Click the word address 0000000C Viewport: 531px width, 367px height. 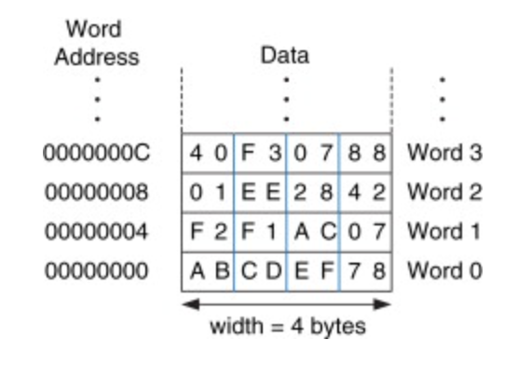click(97, 153)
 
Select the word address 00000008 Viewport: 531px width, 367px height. click(97, 192)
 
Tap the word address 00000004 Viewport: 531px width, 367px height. click(97, 232)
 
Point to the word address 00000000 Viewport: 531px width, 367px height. click(97, 271)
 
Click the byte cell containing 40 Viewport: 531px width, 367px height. click(208, 153)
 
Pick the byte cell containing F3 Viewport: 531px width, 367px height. click(260, 153)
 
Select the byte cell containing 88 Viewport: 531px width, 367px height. click(366, 153)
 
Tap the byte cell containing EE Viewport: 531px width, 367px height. click(260, 192)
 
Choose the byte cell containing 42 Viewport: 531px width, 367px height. click(366, 192)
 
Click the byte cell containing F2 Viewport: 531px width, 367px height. click(208, 232)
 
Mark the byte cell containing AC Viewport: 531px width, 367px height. click(313, 232)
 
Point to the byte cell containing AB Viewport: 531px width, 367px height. click(208, 271)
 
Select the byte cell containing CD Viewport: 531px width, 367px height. click(260, 271)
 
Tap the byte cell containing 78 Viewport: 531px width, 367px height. click(366, 271)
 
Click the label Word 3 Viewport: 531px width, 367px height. click(444, 153)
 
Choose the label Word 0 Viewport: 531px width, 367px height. click(444, 271)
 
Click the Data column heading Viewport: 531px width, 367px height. click(285, 56)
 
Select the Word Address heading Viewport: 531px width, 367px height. click(97, 43)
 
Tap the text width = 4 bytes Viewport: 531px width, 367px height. click(288, 327)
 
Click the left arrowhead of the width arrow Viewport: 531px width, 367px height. click(191, 305)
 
